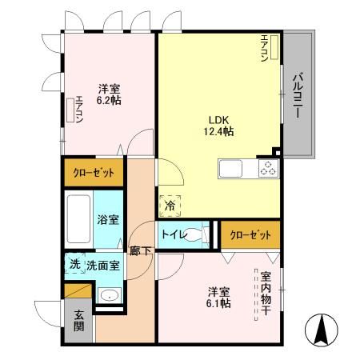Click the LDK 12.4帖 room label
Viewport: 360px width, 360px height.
point(218,126)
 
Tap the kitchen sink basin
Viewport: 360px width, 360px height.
point(230,169)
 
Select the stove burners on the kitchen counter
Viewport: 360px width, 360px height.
point(267,169)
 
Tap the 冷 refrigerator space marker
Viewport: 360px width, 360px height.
point(170,206)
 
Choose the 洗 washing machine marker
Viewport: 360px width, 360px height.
point(72,263)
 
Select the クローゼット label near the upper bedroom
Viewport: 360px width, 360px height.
point(94,172)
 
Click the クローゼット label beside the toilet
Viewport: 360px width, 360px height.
point(250,234)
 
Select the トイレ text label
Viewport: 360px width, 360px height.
point(172,234)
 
